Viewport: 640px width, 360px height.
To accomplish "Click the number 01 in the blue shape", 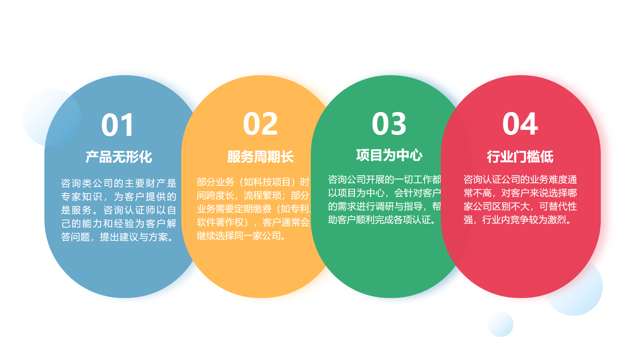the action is click(x=118, y=125).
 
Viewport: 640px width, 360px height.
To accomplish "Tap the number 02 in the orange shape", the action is click(x=260, y=124).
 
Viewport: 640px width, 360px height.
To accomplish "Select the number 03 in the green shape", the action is click(x=389, y=124).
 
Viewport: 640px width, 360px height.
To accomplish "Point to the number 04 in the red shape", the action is click(x=520, y=124).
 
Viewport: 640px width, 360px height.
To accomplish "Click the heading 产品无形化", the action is click(x=119, y=157).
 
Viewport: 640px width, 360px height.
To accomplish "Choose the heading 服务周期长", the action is click(x=260, y=157).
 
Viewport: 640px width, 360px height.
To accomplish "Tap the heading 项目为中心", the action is click(x=389, y=155).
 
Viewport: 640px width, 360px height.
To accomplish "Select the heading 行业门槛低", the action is click(x=520, y=157).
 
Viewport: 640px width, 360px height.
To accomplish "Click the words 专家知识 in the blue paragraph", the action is click(x=82, y=196).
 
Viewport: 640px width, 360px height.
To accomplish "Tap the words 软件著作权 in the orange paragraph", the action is click(x=220, y=222).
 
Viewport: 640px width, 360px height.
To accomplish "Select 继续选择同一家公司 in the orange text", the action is click(x=238, y=236).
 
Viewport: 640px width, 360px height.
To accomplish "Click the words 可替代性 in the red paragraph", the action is click(x=558, y=206).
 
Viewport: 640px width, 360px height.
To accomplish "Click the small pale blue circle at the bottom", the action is click(x=500, y=324).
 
